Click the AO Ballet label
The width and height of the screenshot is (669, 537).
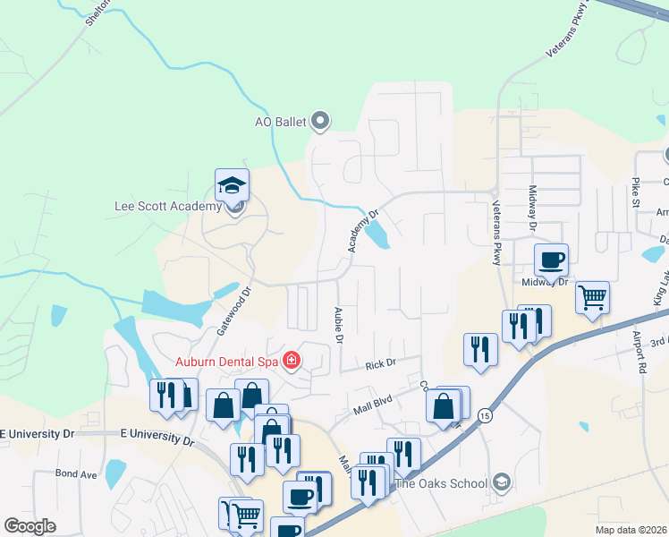tap(281, 122)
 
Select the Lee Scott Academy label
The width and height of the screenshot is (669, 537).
tap(167, 207)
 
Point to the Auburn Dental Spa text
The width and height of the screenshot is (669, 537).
tap(226, 362)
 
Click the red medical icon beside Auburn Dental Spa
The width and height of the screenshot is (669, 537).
tap(291, 362)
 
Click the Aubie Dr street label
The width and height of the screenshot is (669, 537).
tap(339, 326)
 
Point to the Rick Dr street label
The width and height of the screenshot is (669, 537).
tap(380, 364)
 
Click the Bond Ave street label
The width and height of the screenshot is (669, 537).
tap(75, 473)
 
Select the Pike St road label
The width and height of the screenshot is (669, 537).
tap(636, 191)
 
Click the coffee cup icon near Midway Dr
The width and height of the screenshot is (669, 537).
tap(551, 260)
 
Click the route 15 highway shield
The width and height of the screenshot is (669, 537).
tap(484, 416)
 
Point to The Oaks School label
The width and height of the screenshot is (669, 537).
tap(442, 483)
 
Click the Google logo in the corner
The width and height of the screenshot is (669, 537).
tap(30, 525)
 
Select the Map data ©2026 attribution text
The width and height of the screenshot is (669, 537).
tap(631, 530)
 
